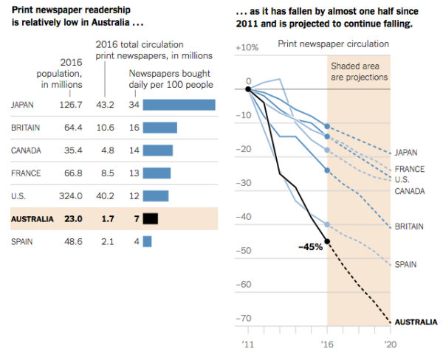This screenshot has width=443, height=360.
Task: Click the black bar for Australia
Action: [151, 218]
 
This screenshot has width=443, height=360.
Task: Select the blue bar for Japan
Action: [179, 105]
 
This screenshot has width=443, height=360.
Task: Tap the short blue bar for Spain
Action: [147, 241]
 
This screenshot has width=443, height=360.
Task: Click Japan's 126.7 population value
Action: [72, 105]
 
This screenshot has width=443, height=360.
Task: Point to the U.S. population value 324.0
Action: [72, 195]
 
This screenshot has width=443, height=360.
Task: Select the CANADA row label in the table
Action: [26, 150]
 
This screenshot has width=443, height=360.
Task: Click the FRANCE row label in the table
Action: [25, 173]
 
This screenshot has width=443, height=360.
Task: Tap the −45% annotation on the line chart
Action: [309, 246]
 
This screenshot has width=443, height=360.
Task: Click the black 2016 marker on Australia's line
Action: [327, 241]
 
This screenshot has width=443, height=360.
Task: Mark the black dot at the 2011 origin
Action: [248, 89]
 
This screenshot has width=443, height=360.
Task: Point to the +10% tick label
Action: [246, 46]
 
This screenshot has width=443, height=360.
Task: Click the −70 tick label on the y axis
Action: [242, 319]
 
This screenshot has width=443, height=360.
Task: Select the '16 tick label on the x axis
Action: [327, 344]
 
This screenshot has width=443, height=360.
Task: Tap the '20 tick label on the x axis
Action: [389, 344]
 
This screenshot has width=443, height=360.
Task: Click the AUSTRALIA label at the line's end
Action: [416, 322]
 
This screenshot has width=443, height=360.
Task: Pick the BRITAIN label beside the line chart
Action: [408, 226]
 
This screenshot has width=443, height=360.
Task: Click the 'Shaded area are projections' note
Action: [359, 72]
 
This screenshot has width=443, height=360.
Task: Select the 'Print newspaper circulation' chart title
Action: [333, 44]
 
